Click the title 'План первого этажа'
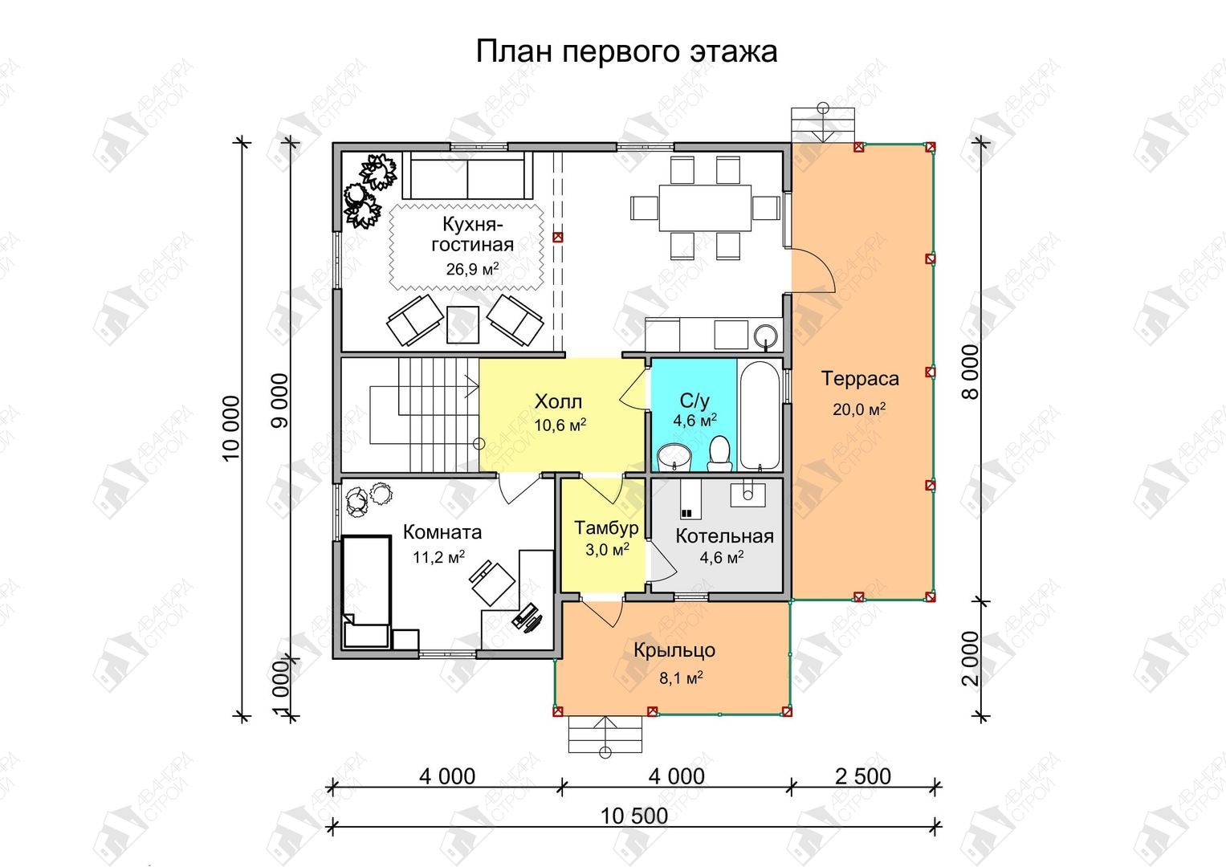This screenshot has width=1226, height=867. pos(626,52)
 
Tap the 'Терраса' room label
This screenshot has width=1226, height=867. pos(860,378)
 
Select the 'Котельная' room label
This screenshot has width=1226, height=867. pos(724,536)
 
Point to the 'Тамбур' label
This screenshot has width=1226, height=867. pos(606,527)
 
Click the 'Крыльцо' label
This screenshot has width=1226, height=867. pos(674,650)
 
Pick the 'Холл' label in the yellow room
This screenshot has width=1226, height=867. pos(558,401)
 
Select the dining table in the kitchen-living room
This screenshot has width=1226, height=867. pos(705,208)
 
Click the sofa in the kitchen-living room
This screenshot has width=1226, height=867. pos(467,175)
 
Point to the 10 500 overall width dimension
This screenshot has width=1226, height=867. pos(634,816)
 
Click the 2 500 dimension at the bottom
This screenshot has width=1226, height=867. pos(863,776)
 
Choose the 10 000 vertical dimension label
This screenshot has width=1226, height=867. pos(231,429)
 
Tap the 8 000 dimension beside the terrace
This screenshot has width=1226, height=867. pos(971,372)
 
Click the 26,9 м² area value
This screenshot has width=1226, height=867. pos(472,269)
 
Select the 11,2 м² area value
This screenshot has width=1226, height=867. pos(439,557)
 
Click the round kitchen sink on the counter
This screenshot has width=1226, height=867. pos(766,335)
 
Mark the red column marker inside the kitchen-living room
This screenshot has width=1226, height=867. pos(558,237)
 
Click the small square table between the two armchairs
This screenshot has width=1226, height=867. pos(462,324)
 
